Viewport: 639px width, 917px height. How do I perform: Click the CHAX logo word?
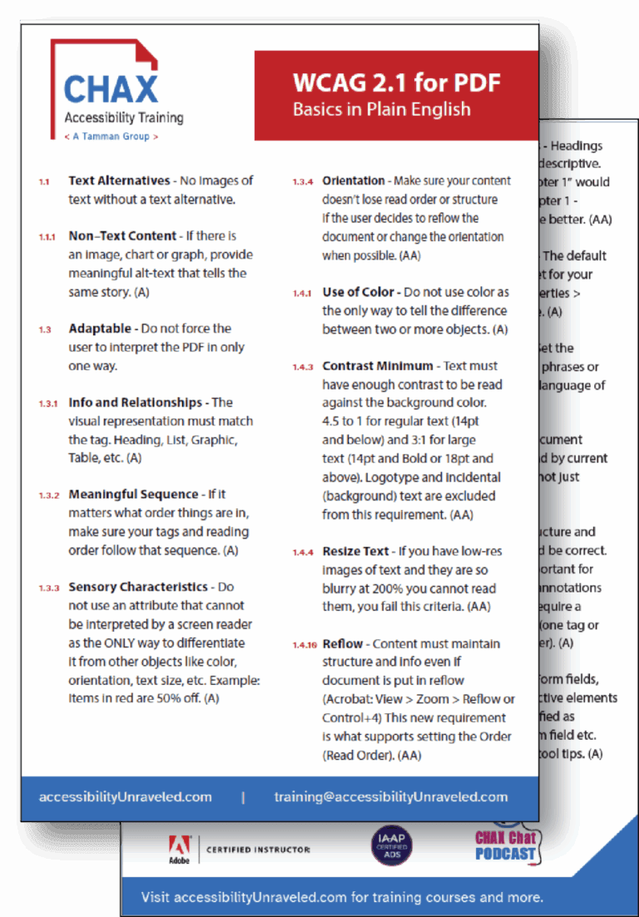tap(111, 90)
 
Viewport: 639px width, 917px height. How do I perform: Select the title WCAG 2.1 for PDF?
tap(396, 82)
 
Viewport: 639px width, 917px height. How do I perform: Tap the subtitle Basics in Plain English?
tap(381, 109)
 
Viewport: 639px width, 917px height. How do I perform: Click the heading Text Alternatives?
tap(119, 181)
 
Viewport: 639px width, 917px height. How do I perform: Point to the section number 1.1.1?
tap(47, 237)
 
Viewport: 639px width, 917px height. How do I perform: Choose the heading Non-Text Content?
tap(122, 236)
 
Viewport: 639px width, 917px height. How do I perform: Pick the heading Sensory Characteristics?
tap(138, 587)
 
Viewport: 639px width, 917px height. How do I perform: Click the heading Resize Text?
tap(355, 551)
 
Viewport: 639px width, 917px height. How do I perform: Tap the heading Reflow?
tap(341, 643)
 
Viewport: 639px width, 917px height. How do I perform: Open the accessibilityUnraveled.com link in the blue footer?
tap(126, 796)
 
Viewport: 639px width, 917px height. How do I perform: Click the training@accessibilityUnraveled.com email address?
tap(391, 796)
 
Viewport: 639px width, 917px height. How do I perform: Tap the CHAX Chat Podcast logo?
tap(506, 845)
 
